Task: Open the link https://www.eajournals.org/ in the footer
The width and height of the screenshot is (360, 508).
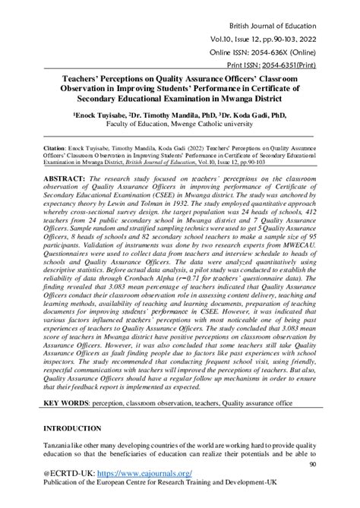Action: [139, 478]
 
